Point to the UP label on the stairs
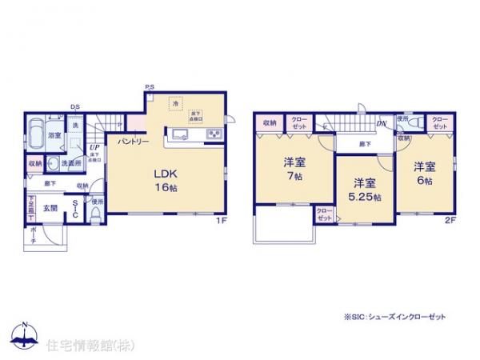click(94, 148)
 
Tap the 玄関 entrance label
click(50, 208)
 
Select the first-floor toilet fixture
click(96, 212)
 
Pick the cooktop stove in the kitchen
click(214, 134)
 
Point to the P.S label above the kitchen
click(149, 86)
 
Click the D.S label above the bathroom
click(74, 106)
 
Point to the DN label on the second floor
click(382, 124)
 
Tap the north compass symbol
click(23, 336)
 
